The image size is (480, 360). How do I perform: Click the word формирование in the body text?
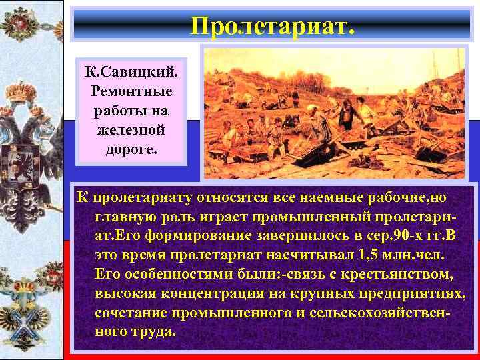click(190, 236)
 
